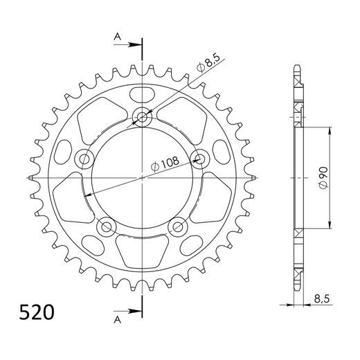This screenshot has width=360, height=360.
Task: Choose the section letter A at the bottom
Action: [x=117, y=319]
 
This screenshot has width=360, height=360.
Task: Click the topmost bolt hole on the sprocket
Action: [x=143, y=117]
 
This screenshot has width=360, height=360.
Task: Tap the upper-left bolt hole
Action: [x=87, y=159]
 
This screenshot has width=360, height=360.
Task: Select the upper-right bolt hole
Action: [x=199, y=159]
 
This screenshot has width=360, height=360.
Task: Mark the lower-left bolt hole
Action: [x=107, y=225]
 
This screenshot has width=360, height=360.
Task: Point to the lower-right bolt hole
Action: [x=178, y=225]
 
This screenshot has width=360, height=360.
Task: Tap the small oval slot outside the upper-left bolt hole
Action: [x=64, y=151]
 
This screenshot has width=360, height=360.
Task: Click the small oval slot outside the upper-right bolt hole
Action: [x=222, y=151]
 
